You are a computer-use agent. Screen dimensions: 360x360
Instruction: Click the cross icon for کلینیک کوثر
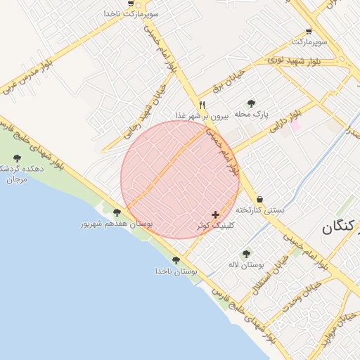[215, 214]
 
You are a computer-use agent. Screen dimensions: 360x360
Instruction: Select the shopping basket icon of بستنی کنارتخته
[261, 199]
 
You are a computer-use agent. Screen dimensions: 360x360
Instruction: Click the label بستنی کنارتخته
[259, 210]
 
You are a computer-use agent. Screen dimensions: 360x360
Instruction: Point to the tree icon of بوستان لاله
[246, 254]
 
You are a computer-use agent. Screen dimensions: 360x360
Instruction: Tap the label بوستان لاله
[245, 265]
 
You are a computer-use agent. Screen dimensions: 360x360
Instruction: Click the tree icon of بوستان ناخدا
[176, 260]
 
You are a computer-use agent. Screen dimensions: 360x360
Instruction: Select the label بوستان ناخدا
[176, 271]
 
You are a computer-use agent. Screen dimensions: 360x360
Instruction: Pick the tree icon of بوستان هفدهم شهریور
[117, 212]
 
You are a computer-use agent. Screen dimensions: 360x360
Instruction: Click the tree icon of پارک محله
[252, 103]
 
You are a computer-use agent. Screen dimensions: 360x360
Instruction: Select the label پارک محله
[252, 114]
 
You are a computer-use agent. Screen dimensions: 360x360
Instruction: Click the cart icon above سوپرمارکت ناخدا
[131, 3]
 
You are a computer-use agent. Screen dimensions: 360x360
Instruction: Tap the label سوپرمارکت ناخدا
[131, 13]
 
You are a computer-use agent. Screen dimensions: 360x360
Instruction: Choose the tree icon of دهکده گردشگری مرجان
[17, 159]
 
